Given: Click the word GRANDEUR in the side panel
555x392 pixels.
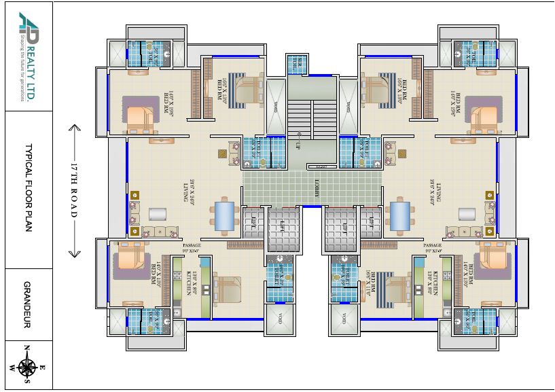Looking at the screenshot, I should [x=28, y=304].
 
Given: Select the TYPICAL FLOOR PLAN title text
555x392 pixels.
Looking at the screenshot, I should [x=28, y=188].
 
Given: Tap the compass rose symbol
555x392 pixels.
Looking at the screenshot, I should [x=28, y=368].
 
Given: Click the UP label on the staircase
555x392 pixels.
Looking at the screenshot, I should [x=298, y=145].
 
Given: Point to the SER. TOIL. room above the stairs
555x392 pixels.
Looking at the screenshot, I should [x=298, y=63].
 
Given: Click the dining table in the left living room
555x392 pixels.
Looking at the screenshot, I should [x=225, y=215].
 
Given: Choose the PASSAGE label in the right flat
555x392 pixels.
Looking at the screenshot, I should [x=433, y=245].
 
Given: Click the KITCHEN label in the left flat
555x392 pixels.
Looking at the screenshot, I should [x=190, y=281].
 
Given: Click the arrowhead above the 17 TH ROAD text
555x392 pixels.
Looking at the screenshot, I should [x=75, y=128].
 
